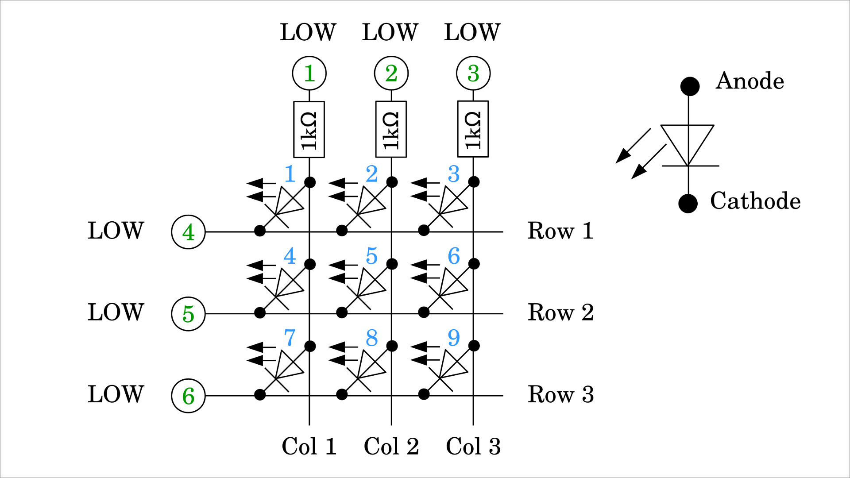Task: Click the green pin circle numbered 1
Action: pos(309,73)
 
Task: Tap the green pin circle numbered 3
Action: pos(473,73)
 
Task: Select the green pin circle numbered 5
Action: pos(188,314)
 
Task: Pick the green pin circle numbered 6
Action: pos(188,396)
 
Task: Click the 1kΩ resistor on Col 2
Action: pos(391,129)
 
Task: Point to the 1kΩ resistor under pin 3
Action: pos(473,129)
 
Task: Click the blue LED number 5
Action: pos(371,256)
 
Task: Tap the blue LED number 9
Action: pos(454,338)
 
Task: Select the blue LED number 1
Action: pos(290,174)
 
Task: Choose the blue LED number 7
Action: pos(290,338)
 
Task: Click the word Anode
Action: pos(750,81)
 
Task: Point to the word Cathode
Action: pos(755,201)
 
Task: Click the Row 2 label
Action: pos(560,312)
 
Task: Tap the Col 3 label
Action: pos(473,446)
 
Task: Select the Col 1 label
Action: pos(309,446)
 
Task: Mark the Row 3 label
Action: pos(560,394)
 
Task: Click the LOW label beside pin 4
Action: pos(116,231)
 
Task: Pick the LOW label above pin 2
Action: pos(390,32)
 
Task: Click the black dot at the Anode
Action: pos(690,86)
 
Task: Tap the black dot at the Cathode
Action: pos(688,204)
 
